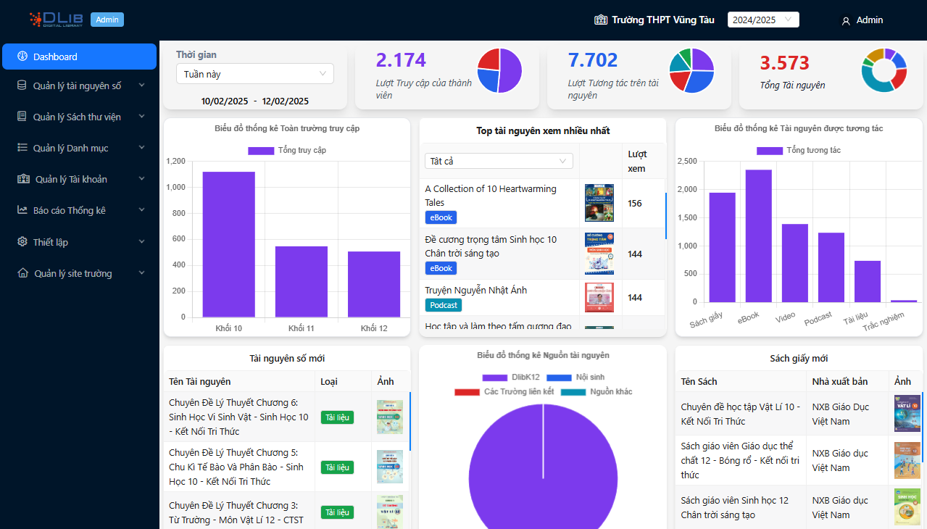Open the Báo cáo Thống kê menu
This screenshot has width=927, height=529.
[x=80, y=210]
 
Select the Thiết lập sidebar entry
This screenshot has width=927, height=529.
[x=80, y=242]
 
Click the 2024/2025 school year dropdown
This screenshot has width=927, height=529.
[x=762, y=20]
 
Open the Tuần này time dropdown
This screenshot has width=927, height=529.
[x=254, y=74]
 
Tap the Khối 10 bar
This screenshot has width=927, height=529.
[x=228, y=244]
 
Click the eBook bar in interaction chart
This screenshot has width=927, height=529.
[x=758, y=236]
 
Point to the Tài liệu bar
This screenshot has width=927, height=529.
[x=867, y=281]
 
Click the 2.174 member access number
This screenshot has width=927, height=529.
[x=401, y=60]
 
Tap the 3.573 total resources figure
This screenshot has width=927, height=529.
[x=784, y=63]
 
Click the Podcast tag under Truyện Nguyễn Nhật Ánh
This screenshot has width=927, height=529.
[x=443, y=305]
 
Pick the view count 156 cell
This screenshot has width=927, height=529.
[x=635, y=204]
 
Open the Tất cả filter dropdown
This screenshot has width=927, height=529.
[x=498, y=161]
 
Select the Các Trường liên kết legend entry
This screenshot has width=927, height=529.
[x=504, y=392]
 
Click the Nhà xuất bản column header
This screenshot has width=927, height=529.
[x=841, y=382]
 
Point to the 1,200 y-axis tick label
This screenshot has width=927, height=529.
[x=176, y=162]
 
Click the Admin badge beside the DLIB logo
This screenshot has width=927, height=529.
[x=107, y=20]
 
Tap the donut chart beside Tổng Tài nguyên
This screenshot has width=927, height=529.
[x=884, y=70]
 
